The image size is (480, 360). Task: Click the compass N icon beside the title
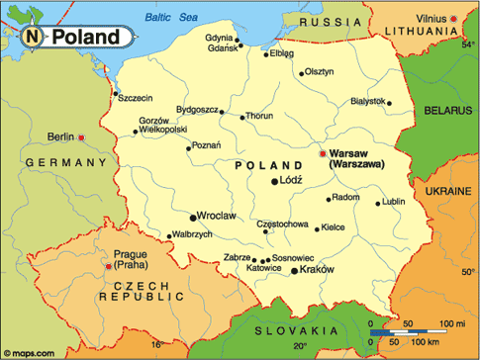click(x=33, y=38)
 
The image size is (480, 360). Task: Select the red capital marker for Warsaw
click(x=321, y=154)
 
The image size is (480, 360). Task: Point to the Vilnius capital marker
click(x=453, y=19)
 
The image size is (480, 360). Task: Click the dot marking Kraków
click(x=293, y=269)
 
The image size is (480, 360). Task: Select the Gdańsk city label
click(x=223, y=47)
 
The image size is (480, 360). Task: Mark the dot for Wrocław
click(x=193, y=217)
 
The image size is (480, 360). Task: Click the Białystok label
click(x=367, y=101)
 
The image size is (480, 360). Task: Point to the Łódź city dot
click(x=275, y=182)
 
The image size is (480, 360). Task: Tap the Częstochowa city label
click(x=282, y=225)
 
